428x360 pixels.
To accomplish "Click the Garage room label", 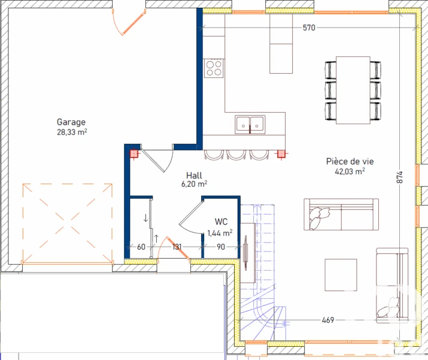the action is click(71, 122).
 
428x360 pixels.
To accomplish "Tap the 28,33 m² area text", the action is click(72, 132).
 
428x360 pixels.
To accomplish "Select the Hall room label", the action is click(194, 175).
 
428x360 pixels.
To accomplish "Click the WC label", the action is click(221, 221).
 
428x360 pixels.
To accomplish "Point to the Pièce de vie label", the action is click(350, 161).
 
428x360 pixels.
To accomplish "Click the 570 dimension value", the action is click(309, 28).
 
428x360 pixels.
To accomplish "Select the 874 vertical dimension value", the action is click(399, 177).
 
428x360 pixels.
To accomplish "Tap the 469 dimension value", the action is click(328, 320).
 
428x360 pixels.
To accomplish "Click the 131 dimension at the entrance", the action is click(177, 247).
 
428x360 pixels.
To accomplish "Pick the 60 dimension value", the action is click(141, 247).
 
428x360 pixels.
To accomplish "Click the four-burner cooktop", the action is click(214, 68).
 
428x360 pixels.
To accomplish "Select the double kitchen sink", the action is click(250, 125).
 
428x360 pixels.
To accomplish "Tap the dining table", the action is click(353, 91).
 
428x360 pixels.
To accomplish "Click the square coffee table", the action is click(340, 275).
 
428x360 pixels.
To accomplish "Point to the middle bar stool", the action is click(236, 155).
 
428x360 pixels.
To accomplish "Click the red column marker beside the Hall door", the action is click(134, 154).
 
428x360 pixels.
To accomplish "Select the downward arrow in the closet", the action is click(146, 218).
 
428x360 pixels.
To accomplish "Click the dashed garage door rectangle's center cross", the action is click(67, 223).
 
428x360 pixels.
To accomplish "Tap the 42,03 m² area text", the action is click(350, 172).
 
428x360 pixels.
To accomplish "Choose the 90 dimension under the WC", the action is click(221, 247).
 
